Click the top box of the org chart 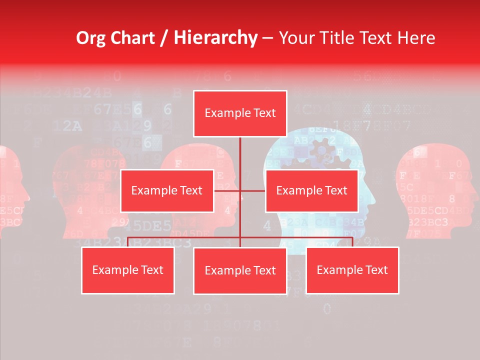click(x=240, y=113)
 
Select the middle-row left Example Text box click(x=167, y=190)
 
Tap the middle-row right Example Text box click(x=311, y=190)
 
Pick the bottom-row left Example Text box click(x=128, y=270)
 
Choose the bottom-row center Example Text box click(x=240, y=270)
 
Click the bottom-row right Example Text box click(x=352, y=270)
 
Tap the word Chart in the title click(x=132, y=38)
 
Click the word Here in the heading click(x=416, y=38)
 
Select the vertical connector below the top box click(x=240, y=155)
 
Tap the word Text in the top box click(x=264, y=113)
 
